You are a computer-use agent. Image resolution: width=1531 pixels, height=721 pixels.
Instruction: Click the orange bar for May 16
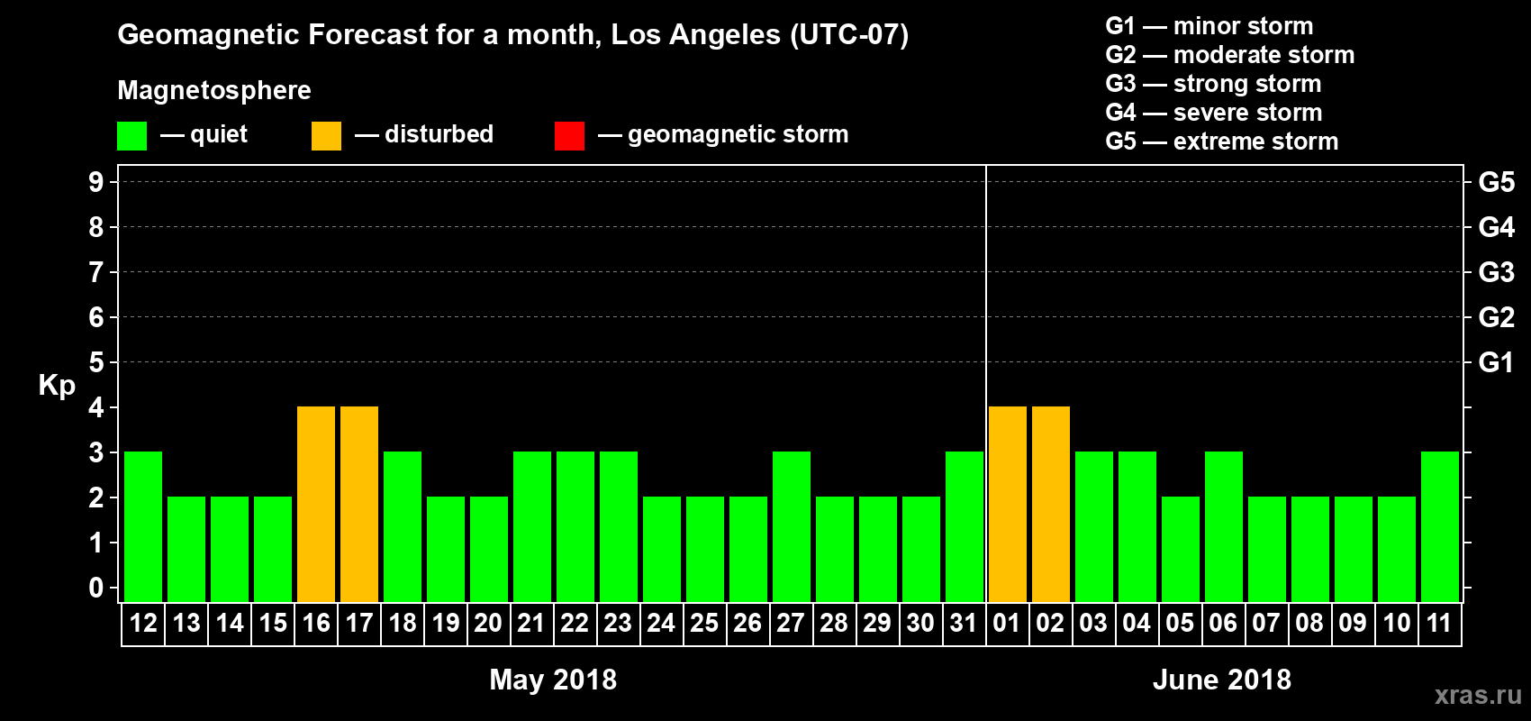pyautogui.click(x=316, y=504)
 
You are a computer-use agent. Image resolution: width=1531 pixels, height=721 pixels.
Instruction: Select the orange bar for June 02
pyautogui.click(x=1051, y=504)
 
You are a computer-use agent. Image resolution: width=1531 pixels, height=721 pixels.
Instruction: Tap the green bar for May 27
pyautogui.click(x=792, y=526)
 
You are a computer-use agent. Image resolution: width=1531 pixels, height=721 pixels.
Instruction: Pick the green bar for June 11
pyautogui.click(x=1440, y=526)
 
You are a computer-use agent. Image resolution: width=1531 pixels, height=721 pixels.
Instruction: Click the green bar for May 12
pyautogui.click(x=143, y=526)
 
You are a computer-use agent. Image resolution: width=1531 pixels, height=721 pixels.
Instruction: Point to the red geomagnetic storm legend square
pyautogui.click(x=569, y=136)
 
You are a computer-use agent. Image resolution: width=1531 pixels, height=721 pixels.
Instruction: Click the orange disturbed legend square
pyautogui.click(x=326, y=136)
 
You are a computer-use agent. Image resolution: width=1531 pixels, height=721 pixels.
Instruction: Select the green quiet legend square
pyautogui.click(x=131, y=136)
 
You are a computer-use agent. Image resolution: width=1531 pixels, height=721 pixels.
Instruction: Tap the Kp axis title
pyautogui.click(x=57, y=386)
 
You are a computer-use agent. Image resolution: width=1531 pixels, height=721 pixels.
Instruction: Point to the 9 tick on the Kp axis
pyautogui.click(x=96, y=182)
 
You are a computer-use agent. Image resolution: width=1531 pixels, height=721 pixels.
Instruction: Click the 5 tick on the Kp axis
pyautogui.click(x=96, y=362)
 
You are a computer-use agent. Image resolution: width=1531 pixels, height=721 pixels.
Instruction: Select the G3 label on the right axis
pyautogui.click(x=1496, y=272)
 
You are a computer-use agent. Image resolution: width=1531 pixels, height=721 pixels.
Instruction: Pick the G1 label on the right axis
pyautogui.click(x=1496, y=362)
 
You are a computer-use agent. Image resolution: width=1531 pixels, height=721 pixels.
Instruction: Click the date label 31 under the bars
pyautogui.click(x=964, y=623)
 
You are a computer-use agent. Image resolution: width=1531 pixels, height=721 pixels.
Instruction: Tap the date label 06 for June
pyautogui.click(x=1223, y=623)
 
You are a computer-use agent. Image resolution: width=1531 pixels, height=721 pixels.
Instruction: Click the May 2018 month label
pyautogui.click(x=553, y=680)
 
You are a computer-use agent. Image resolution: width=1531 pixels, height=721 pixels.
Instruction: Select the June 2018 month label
pyautogui.click(x=1222, y=680)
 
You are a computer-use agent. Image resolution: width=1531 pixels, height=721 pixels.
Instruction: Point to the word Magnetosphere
pyautogui.click(x=214, y=90)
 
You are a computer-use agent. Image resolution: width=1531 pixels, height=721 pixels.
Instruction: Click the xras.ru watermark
pyautogui.click(x=1478, y=695)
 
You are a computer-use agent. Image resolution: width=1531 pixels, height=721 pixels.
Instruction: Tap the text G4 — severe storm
pyautogui.click(x=1214, y=113)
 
